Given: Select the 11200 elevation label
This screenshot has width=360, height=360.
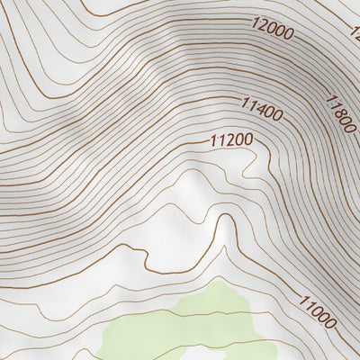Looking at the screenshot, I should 230,139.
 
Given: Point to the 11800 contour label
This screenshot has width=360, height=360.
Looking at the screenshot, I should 338,114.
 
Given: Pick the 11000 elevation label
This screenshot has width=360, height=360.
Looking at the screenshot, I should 319,312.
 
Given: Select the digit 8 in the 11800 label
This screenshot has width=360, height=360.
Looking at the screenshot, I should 337,112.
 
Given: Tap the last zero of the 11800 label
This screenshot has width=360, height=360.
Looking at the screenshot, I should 347,130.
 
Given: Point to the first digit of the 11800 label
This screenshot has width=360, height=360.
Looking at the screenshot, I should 328,98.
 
